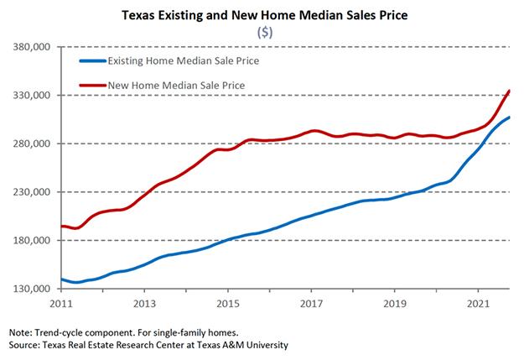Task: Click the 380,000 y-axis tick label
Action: pyautogui.click(x=34, y=47)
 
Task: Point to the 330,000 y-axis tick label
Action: pyautogui.click(x=34, y=96)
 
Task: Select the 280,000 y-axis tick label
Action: pyautogui.click(x=34, y=143)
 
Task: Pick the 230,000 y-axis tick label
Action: pyautogui.click(x=34, y=192)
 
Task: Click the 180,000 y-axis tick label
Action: pyautogui.click(x=34, y=241)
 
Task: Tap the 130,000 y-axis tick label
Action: pyautogui.click(x=34, y=289)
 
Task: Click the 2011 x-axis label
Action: pyautogui.click(x=61, y=303)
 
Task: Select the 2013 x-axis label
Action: pyautogui.click(x=144, y=303)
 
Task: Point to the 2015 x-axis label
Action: pyautogui.click(x=228, y=303)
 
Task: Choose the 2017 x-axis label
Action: pyautogui.click(x=311, y=303)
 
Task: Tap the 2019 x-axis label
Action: pyautogui.click(x=395, y=303)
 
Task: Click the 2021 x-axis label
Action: pyautogui.click(x=478, y=303)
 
